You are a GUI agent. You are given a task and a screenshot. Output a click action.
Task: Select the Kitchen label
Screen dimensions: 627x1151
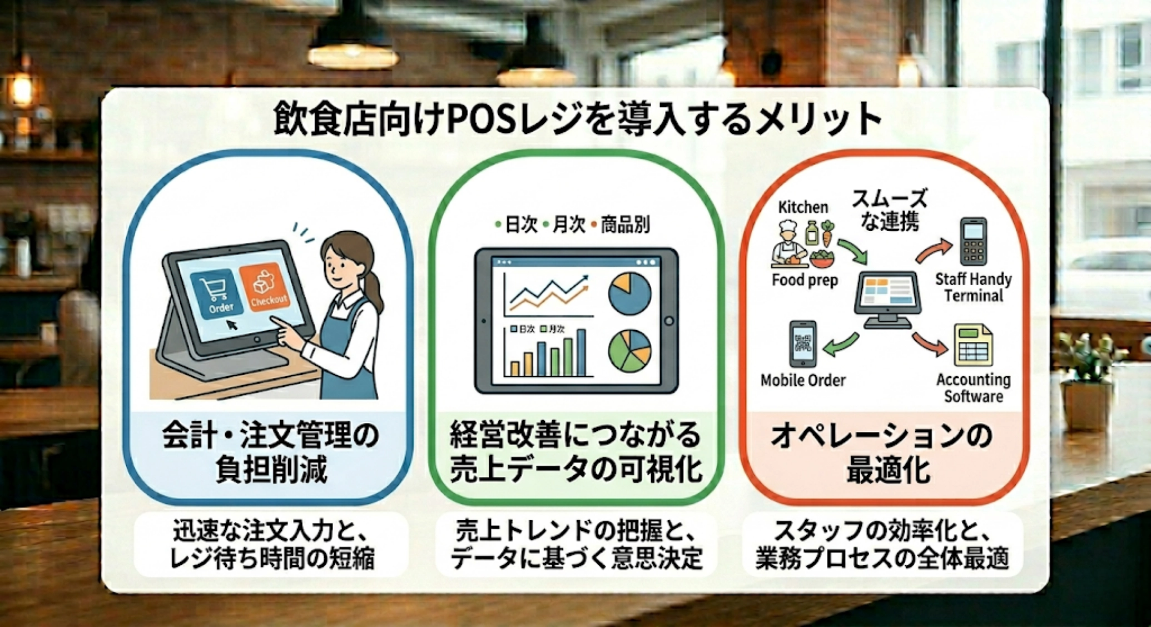(x=802, y=207)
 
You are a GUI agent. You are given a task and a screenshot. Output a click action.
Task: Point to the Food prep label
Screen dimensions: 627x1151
(x=804, y=280)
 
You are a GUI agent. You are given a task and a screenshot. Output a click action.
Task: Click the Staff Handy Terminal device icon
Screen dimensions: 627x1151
(x=973, y=242)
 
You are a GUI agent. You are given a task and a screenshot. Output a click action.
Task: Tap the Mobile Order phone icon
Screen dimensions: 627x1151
(x=803, y=344)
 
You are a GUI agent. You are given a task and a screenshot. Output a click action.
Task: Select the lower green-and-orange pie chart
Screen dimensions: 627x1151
(x=629, y=351)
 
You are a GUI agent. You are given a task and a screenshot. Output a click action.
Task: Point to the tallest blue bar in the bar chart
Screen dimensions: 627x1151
(x=581, y=352)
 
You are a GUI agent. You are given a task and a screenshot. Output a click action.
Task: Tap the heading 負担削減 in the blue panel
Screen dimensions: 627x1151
(x=271, y=471)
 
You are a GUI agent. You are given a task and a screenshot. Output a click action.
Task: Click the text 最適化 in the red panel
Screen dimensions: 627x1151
(x=888, y=471)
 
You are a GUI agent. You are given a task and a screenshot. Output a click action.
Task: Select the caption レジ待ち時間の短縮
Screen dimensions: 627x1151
(x=272, y=558)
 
